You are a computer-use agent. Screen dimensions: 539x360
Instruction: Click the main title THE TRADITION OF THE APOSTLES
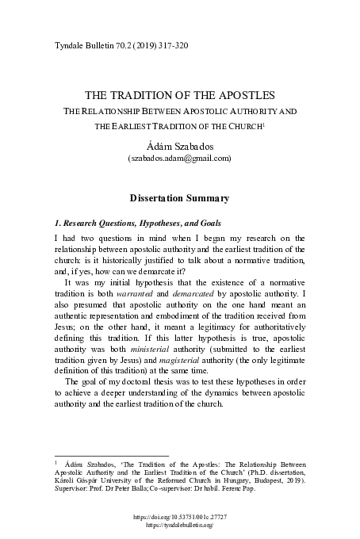[x=180, y=94]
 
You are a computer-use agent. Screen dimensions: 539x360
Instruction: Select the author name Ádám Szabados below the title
[x=179, y=143]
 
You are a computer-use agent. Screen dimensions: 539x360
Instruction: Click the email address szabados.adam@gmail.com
[x=180, y=158]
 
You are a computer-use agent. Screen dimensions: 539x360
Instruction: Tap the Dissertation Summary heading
[x=179, y=197]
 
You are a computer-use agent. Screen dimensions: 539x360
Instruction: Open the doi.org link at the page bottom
[x=180, y=517]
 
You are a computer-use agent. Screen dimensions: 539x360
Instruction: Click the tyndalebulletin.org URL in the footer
[x=180, y=526]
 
